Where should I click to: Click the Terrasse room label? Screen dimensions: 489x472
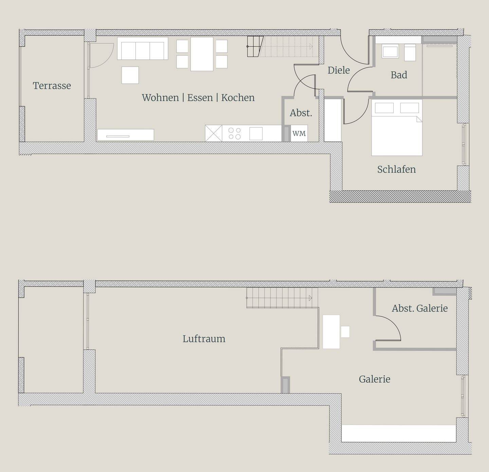(x=52, y=86)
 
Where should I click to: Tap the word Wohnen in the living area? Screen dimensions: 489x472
(x=160, y=97)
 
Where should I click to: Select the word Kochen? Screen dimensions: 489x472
(x=238, y=97)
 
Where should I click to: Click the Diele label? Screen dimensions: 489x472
(x=339, y=70)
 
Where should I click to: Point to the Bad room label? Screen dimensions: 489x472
(x=399, y=75)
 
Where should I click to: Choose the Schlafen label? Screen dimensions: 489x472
(x=397, y=169)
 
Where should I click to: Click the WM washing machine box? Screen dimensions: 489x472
(x=299, y=133)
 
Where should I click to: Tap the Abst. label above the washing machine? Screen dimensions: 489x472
(x=301, y=113)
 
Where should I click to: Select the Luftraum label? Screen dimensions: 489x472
(x=204, y=339)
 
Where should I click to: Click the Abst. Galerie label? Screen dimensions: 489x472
(x=420, y=308)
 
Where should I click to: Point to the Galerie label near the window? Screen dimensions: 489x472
(x=375, y=379)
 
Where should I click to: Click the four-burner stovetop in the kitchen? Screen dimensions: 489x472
(x=235, y=133)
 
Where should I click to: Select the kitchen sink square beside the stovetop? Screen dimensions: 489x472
(x=256, y=133)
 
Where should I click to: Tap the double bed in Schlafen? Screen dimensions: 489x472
(x=397, y=127)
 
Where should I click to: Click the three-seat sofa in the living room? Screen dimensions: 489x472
(x=143, y=49)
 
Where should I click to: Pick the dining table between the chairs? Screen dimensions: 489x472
(x=202, y=54)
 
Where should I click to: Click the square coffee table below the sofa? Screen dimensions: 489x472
(x=130, y=75)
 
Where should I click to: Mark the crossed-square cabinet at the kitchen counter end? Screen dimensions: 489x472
(x=214, y=133)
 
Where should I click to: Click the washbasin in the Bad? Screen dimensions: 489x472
(x=390, y=52)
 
